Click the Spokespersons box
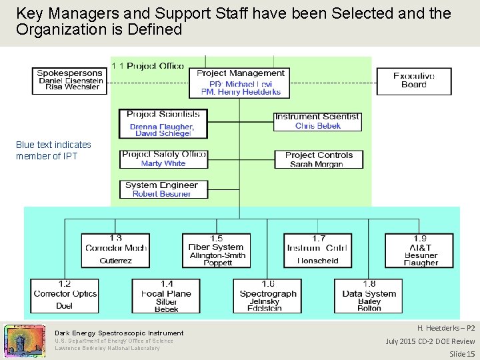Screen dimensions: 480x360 [x=70, y=81]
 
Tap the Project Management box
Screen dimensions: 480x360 [x=240, y=83]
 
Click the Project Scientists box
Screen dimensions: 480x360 [x=163, y=124]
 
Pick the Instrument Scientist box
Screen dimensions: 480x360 [x=317, y=121]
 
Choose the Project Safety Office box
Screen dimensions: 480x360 [x=164, y=159]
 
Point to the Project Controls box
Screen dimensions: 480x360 [x=318, y=159]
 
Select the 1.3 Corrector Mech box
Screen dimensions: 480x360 [x=115, y=249]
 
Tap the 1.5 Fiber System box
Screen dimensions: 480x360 [x=216, y=249]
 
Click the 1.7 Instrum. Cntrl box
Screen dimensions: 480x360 [x=317, y=249]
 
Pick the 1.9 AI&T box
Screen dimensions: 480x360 [x=420, y=249]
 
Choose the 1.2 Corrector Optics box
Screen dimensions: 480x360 [x=65, y=295]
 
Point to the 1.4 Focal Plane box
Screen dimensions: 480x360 [x=166, y=295]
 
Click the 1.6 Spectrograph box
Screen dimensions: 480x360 [x=267, y=295]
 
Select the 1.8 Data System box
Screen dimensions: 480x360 [x=369, y=295]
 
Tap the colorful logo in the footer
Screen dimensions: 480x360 [x=25, y=340]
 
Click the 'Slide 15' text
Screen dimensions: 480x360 [x=462, y=353]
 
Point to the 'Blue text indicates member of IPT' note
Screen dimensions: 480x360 [x=53, y=150]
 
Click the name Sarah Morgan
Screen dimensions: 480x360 [x=316, y=164]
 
